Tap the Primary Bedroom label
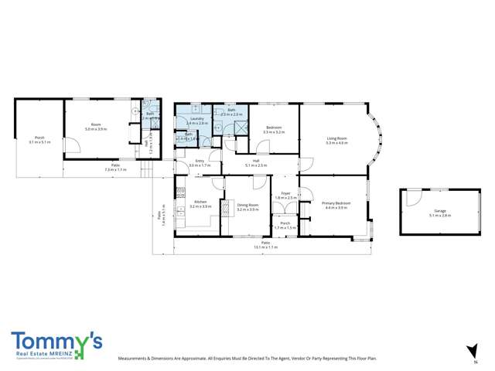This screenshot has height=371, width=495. [337, 205]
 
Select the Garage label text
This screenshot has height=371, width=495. [439, 212]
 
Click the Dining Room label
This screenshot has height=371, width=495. [247, 205]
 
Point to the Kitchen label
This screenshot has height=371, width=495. [200, 205]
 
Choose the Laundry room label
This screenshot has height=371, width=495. [196, 120]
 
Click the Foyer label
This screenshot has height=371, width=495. [285, 196]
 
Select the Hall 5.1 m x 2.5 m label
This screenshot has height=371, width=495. [255, 163]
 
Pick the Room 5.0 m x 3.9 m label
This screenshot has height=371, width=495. [96, 127]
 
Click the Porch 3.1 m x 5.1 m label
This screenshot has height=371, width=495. [39, 140]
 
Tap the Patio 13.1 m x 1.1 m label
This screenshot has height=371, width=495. [265, 245]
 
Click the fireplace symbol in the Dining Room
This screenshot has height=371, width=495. [223, 207]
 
